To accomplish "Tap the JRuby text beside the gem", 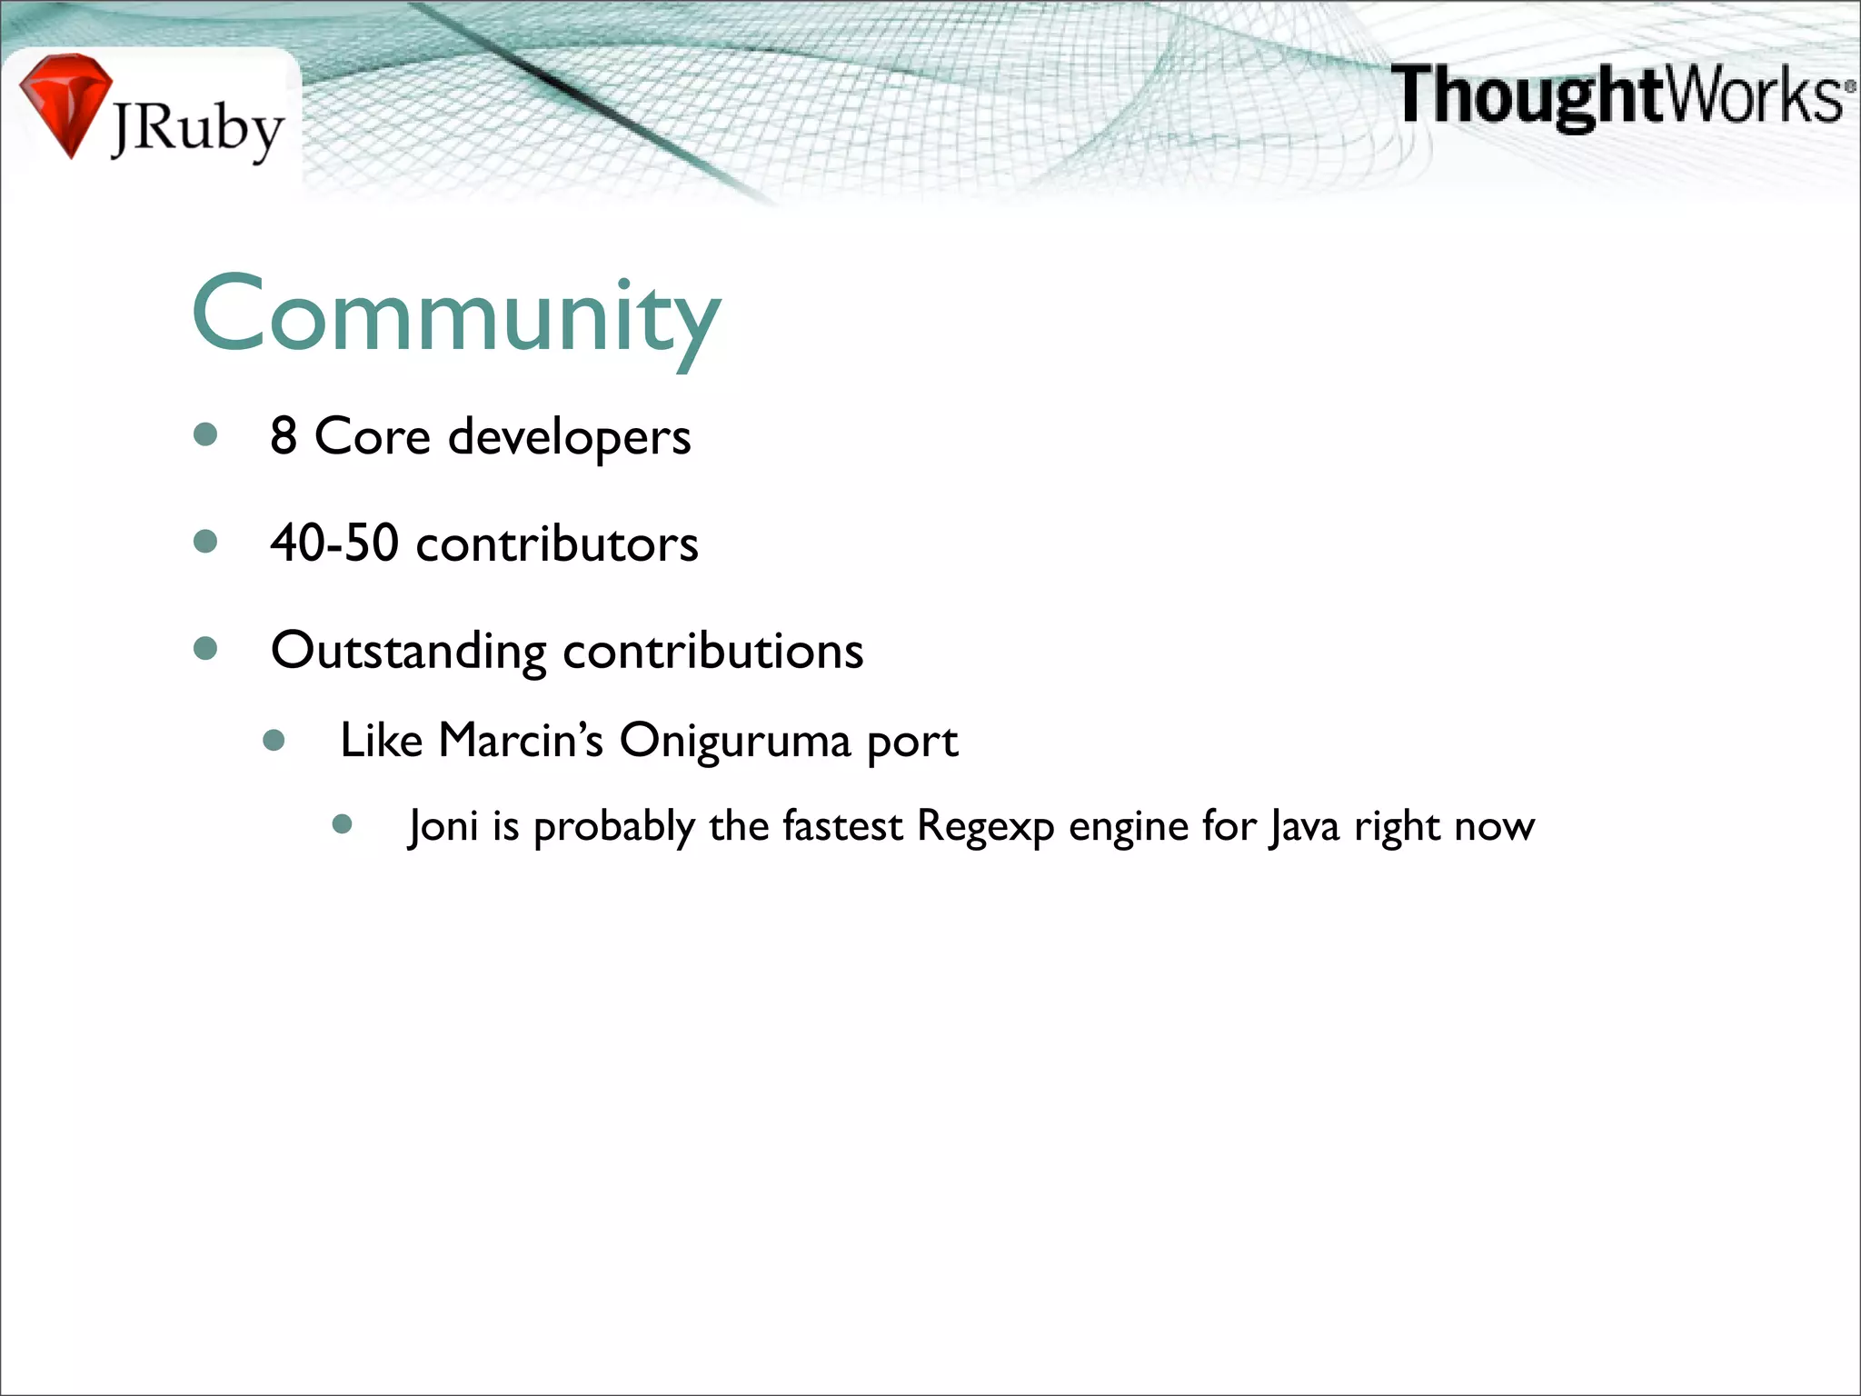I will point(198,130).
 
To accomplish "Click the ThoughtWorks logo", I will point(1622,95).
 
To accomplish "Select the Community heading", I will point(457,314).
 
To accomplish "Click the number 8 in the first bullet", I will point(284,436).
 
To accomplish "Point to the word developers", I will point(570,438).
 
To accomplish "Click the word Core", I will point(372,436).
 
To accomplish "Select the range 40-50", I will point(334,543).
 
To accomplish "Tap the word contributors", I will point(557,544).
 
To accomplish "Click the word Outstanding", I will point(409,652).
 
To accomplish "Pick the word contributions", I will point(713,652).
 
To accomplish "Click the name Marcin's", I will point(521,740).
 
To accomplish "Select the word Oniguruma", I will point(734,740).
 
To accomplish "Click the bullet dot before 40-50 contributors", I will point(206,543).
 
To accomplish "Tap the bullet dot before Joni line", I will point(343,824).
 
